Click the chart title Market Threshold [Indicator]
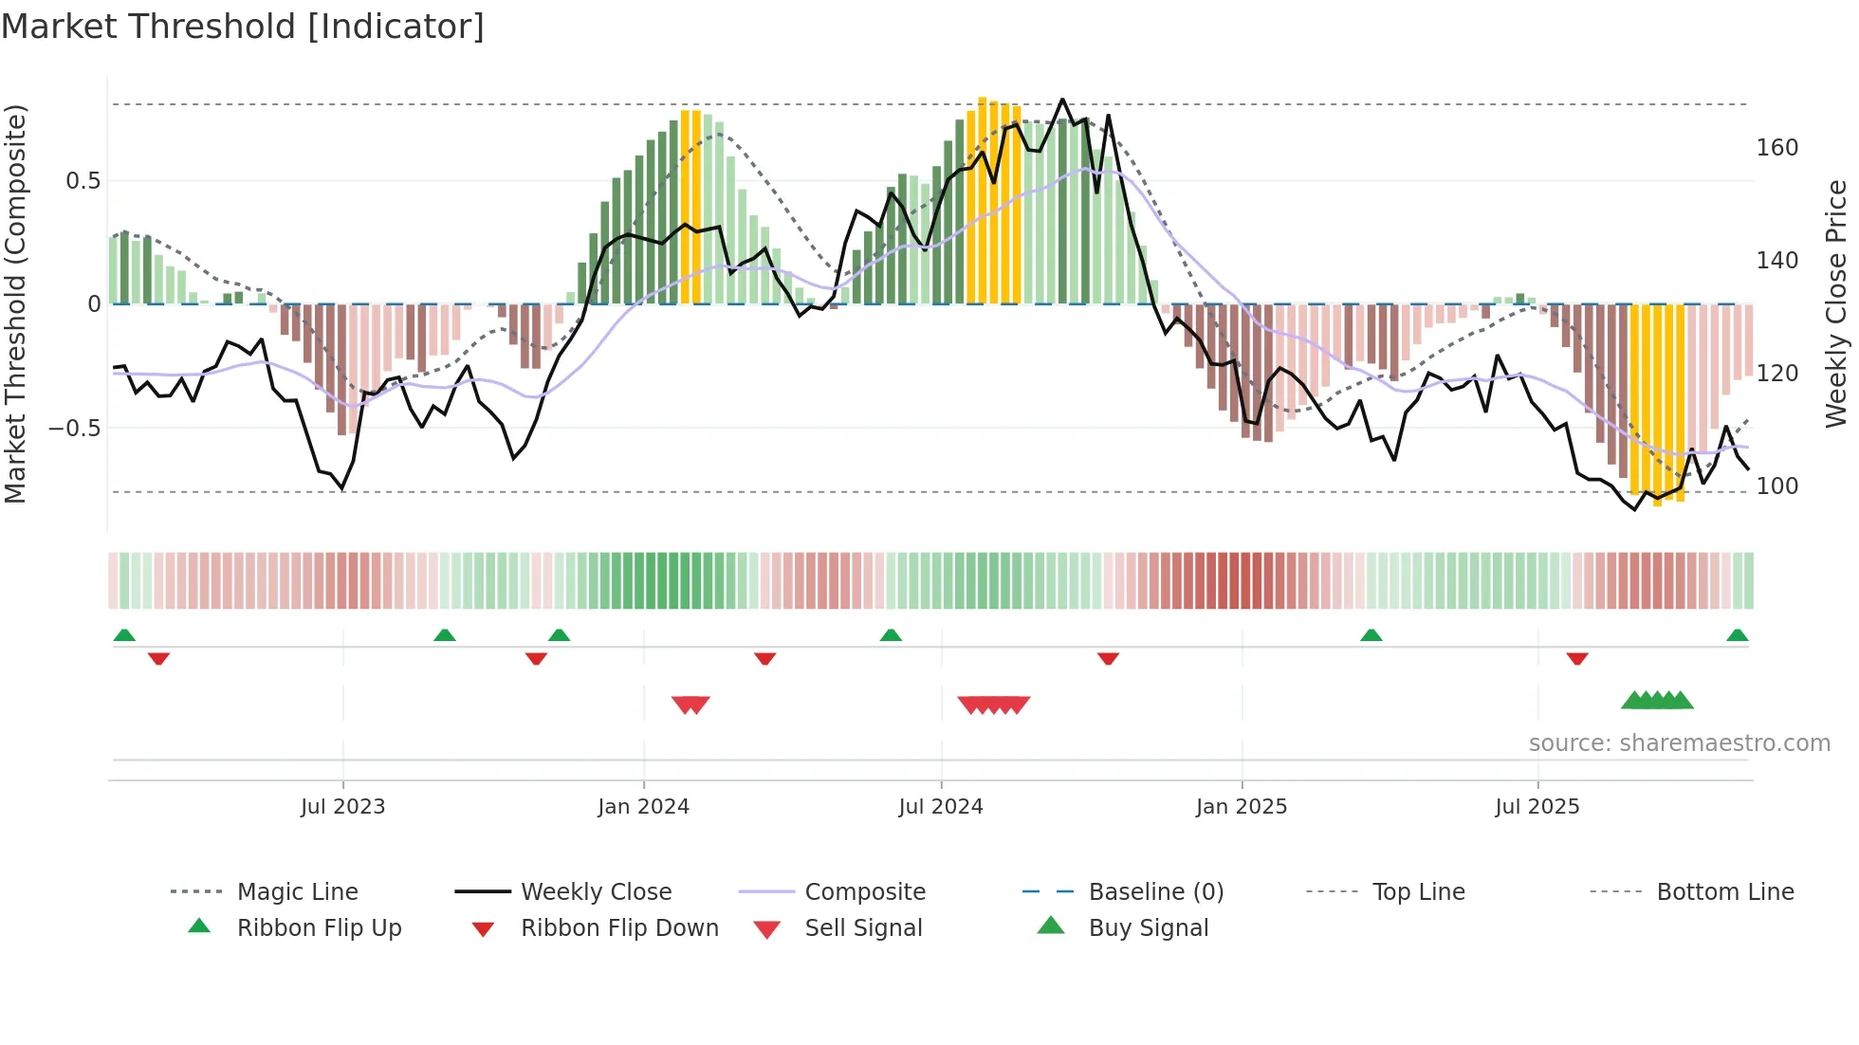[243, 27]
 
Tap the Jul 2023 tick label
[342, 807]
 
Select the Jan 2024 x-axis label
[643, 807]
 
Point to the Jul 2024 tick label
[940, 807]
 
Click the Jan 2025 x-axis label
[1241, 807]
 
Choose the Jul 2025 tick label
[1537, 807]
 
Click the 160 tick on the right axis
[1776, 148]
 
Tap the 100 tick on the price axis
[1776, 486]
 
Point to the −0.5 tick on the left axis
[75, 429]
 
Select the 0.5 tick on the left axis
[83, 181]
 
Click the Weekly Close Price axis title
[1836, 303]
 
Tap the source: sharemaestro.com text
[1679, 743]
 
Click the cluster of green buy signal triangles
[1657, 701]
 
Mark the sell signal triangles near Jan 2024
[690, 705]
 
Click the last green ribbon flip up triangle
[1737, 635]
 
